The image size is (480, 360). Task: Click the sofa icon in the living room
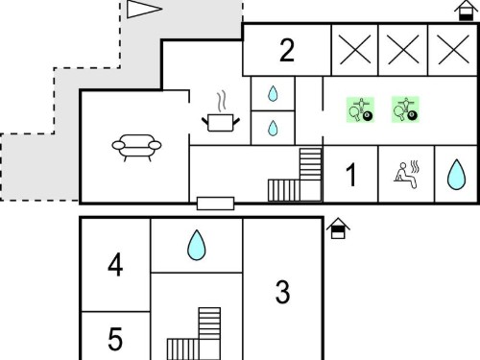click(136, 148)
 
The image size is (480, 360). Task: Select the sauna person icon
click(406, 175)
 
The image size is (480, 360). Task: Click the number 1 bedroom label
click(351, 175)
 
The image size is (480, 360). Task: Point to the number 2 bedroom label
click(287, 50)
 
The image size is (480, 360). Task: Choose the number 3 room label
click(283, 292)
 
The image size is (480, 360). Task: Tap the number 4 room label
click(115, 265)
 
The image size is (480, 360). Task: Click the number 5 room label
click(115, 339)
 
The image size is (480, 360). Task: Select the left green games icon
click(360, 109)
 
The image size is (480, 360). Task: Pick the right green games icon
click(405, 109)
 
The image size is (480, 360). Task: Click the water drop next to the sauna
click(456, 175)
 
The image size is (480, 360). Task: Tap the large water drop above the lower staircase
click(197, 245)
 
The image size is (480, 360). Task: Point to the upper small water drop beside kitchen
click(273, 93)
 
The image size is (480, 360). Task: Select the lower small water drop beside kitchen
click(273, 128)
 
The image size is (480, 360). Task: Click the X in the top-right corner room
click(454, 50)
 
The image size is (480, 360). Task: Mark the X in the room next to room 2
click(355, 50)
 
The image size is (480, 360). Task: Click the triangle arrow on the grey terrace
click(144, 9)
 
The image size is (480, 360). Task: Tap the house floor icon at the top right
click(466, 11)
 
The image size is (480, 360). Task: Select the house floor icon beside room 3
click(338, 228)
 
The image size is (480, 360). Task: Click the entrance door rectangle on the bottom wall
click(215, 204)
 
